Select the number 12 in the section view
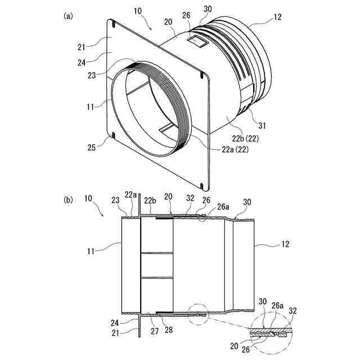click(x=278, y=245)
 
